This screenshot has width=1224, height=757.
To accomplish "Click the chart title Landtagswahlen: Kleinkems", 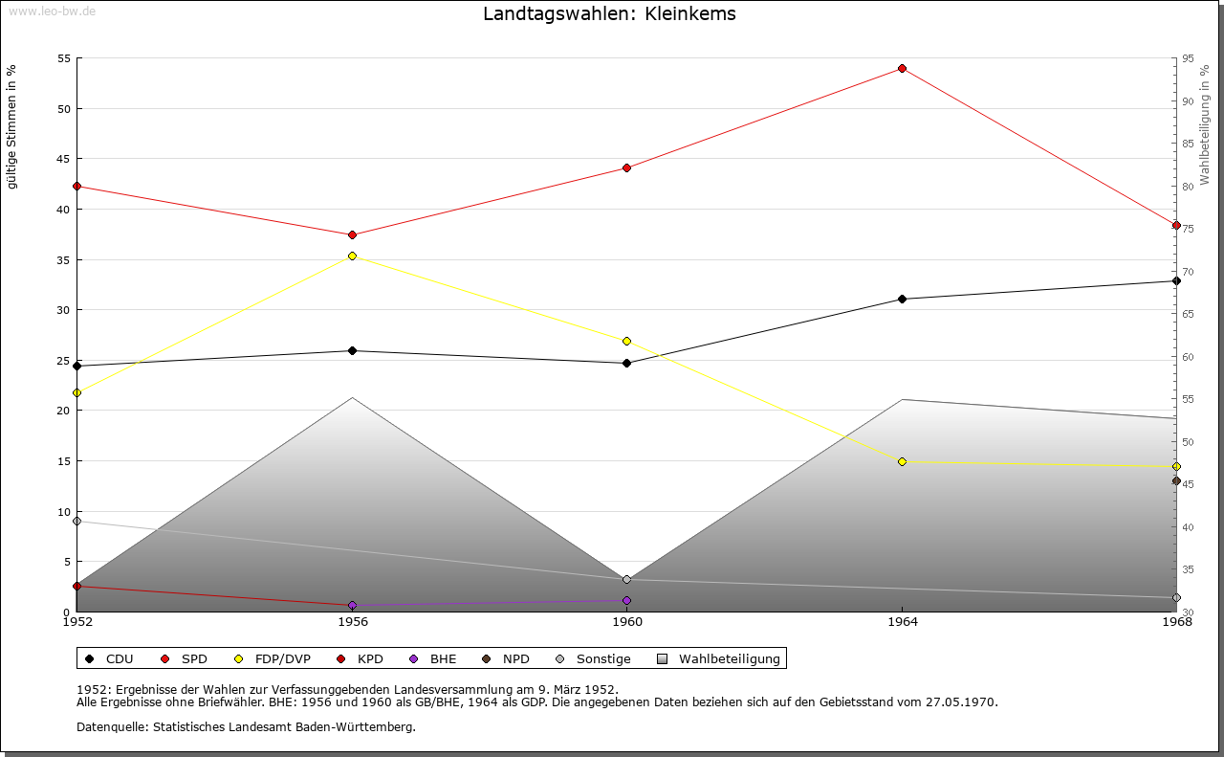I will [609, 14].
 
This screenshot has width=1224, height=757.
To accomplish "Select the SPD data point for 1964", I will [902, 69].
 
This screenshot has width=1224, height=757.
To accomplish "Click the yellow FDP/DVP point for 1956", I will [352, 256].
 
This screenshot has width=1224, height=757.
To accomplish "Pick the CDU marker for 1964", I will [902, 300].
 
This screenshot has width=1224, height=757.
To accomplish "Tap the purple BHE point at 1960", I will [626, 601].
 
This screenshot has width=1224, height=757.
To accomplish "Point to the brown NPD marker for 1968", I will [1176, 481].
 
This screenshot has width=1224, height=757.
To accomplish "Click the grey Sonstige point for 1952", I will [76, 522].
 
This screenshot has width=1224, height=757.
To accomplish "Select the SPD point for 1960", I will [626, 168].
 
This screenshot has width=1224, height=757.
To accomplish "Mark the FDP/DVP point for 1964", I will [902, 462].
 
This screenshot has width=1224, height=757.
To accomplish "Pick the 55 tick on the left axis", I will [63, 58].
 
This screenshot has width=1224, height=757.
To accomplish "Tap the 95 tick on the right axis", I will [1188, 58].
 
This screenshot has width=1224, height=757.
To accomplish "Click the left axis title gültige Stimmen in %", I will [12, 126].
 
